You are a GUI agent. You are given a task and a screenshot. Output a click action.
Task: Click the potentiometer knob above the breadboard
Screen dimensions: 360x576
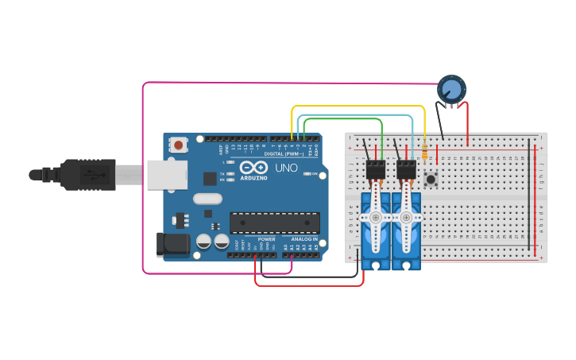(451, 88)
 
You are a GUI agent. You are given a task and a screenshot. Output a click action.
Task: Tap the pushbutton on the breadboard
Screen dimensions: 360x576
(431, 180)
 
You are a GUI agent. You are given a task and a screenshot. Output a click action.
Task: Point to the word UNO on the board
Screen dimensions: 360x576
(286, 168)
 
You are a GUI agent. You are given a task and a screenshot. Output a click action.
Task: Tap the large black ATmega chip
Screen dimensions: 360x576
(274, 223)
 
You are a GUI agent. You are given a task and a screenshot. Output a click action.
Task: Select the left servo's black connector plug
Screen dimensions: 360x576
(376, 170)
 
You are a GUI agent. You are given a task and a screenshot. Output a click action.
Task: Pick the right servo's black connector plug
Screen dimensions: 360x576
(406, 170)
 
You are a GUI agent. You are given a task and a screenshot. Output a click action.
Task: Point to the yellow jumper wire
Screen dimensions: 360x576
(358, 106)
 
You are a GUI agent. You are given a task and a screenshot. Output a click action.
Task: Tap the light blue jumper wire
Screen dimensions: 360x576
(358, 114)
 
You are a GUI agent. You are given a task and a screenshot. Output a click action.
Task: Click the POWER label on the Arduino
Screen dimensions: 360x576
(267, 238)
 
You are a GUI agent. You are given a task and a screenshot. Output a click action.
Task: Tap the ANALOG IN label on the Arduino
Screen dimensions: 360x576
(303, 238)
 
